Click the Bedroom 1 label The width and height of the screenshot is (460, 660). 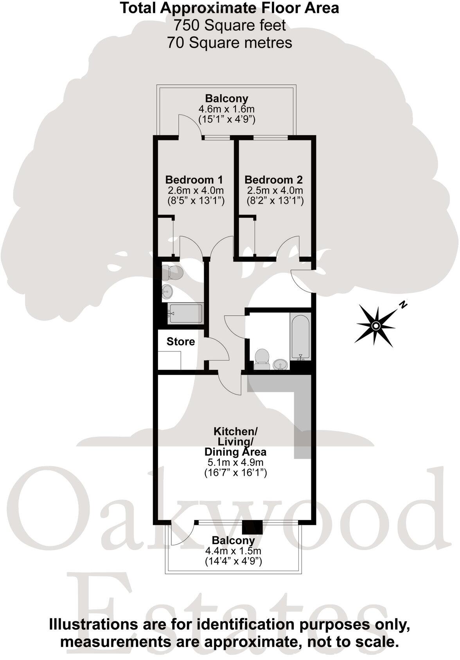pyautogui.click(x=194, y=180)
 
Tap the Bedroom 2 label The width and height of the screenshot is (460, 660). pyautogui.click(x=273, y=180)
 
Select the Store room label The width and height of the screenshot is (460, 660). pyautogui.click(x=180, y=341)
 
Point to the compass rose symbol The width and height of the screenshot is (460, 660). pyautogui.click(x=376, y=325)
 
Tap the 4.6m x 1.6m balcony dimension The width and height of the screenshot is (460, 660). pyautogui.click(x=227, y=109)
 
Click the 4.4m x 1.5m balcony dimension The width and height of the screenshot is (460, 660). pyautogui.click(x=233, y=551)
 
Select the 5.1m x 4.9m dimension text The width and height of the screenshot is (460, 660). pyautogui.click(x=235, y=463)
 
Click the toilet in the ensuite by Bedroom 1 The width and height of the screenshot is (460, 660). pyautogui.click(x=173, y=272)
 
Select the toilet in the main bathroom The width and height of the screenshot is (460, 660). pyautogui.click(x=262, y=359)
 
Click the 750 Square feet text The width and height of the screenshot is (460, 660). pyautogui.click(x=230, y=25)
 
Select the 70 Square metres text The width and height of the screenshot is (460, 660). pyautogui.click(x=230, y=42)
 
